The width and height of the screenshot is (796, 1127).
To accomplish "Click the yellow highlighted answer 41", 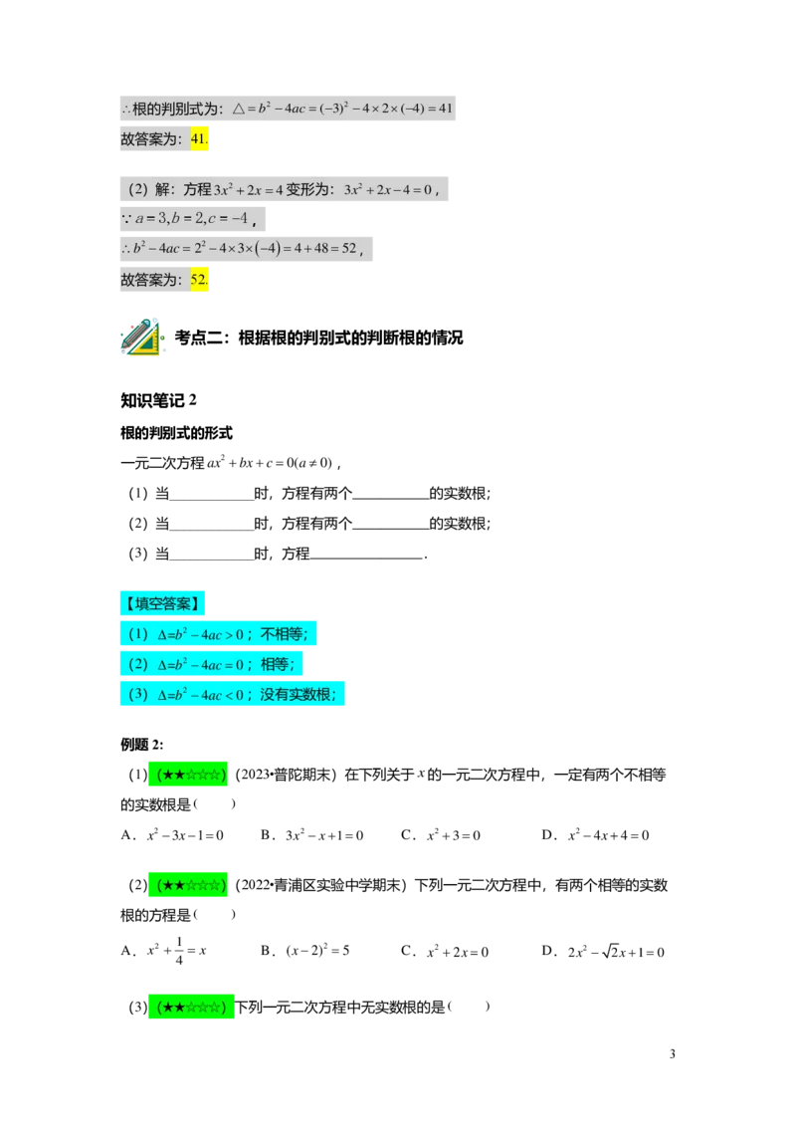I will point(200,139).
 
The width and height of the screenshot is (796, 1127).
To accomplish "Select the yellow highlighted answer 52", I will point(200,280).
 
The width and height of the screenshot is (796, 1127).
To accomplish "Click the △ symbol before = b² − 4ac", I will point(239,108).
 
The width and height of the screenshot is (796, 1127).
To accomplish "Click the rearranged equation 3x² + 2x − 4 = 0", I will point(388,189).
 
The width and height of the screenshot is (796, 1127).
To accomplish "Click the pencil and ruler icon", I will point(141,338).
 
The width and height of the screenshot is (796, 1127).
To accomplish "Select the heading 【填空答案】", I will point(162,602).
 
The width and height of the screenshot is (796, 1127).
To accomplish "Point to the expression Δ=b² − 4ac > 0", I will point(200,633).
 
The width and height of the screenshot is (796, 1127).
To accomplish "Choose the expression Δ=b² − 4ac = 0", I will point(200,664).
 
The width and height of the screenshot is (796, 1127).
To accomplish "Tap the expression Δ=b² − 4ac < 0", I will point(200,694).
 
